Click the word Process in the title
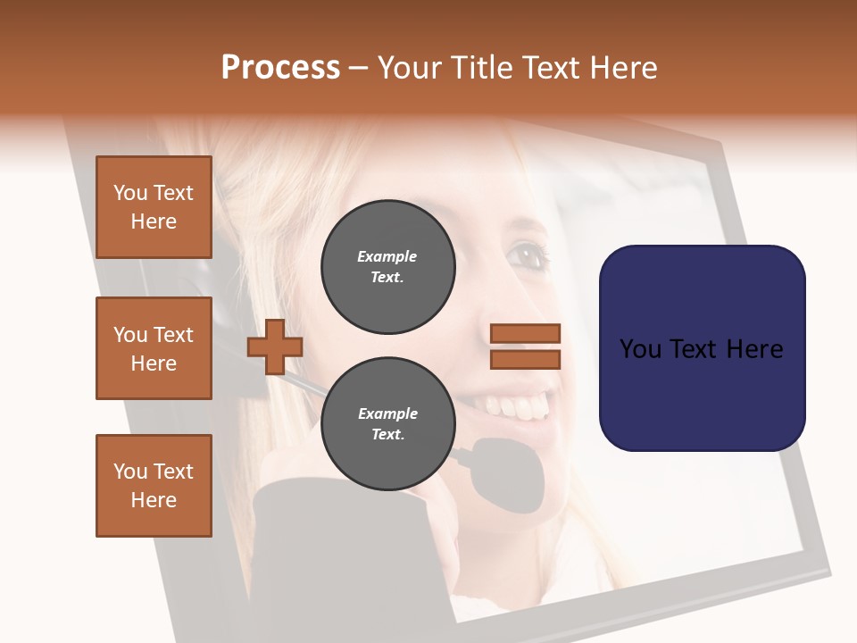coord(280,68)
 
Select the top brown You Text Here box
coord(154,207)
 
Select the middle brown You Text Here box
coord(154,348)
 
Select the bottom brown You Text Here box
coord(154,486)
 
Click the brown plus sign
coord(275,346)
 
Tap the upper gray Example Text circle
coord(387,267)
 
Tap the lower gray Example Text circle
coord(387,424)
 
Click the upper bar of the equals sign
coord(525,333)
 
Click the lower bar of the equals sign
coord(525,359)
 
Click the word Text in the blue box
coord(701,349)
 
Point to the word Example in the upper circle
coord(387,256)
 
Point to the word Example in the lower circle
coord(387,413)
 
